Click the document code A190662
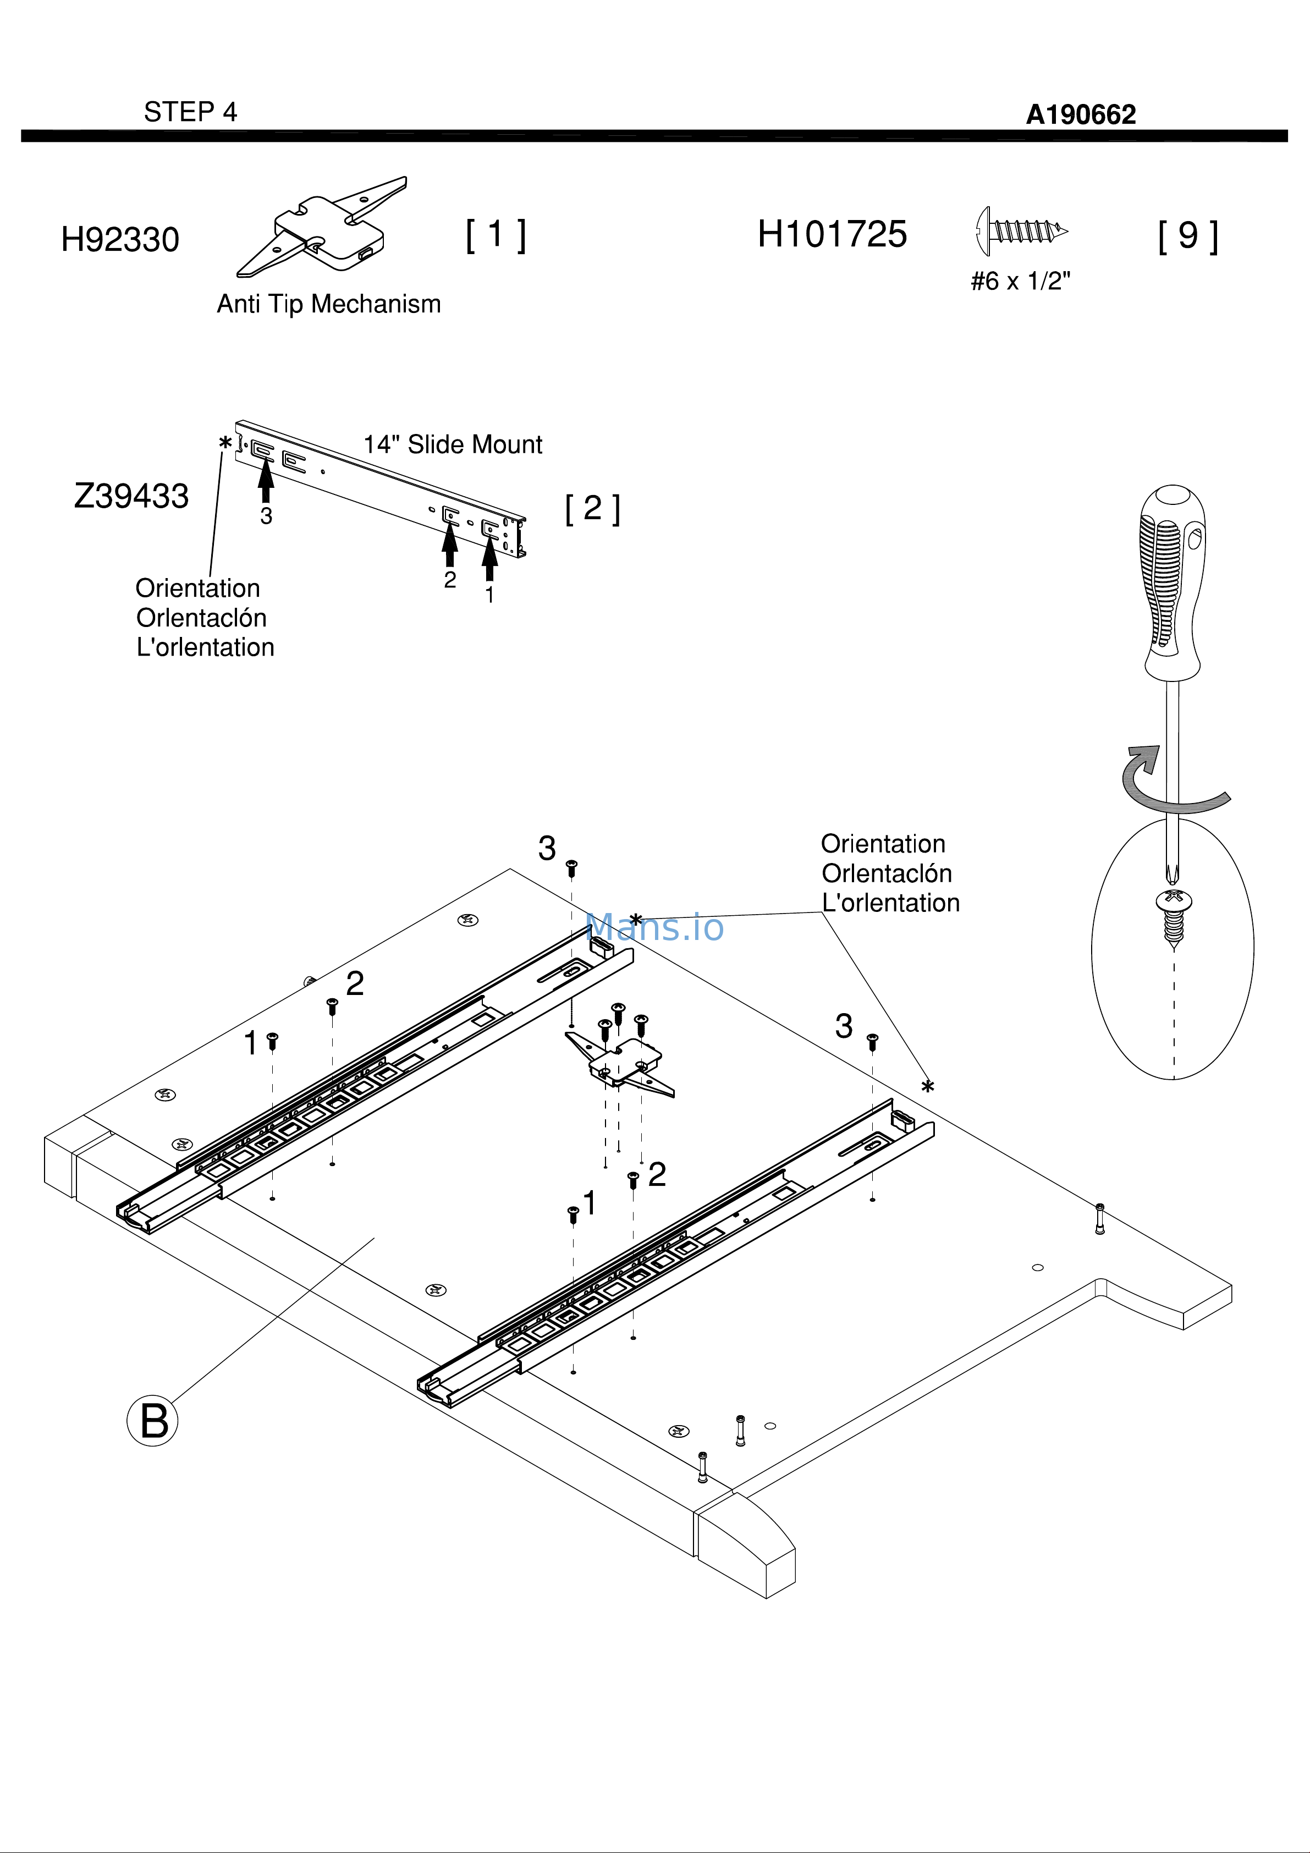point(1080,114)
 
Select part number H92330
point(120,240)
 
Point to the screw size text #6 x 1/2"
point(1020,281)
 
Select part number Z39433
point(131,496)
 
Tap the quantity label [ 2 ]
point(592,508)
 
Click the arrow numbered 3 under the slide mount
point(266,482)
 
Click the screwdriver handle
point(1172,581)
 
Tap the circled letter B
point(152,1421)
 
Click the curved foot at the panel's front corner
point(747,1543)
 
